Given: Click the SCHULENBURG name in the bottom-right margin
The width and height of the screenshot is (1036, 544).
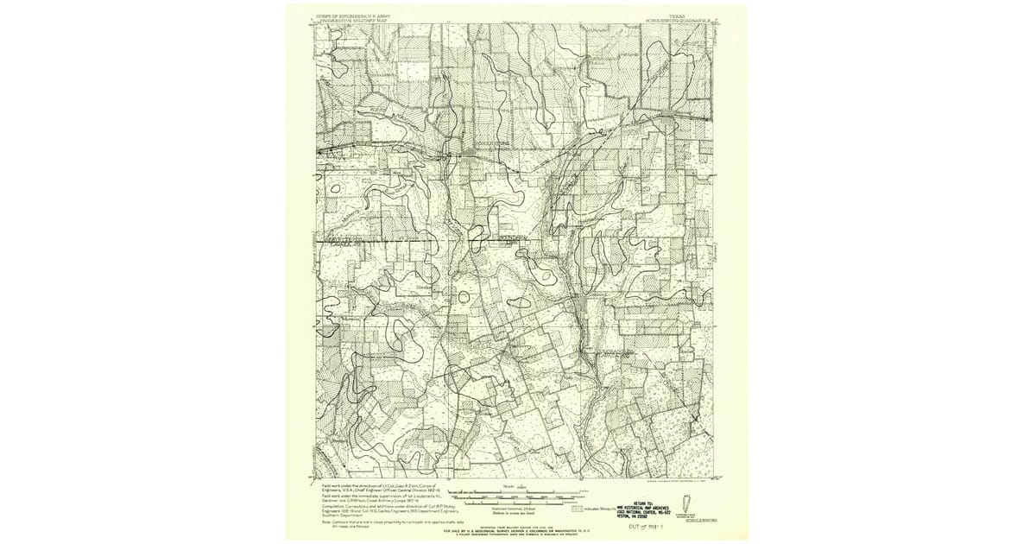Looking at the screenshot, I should [700, 522].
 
